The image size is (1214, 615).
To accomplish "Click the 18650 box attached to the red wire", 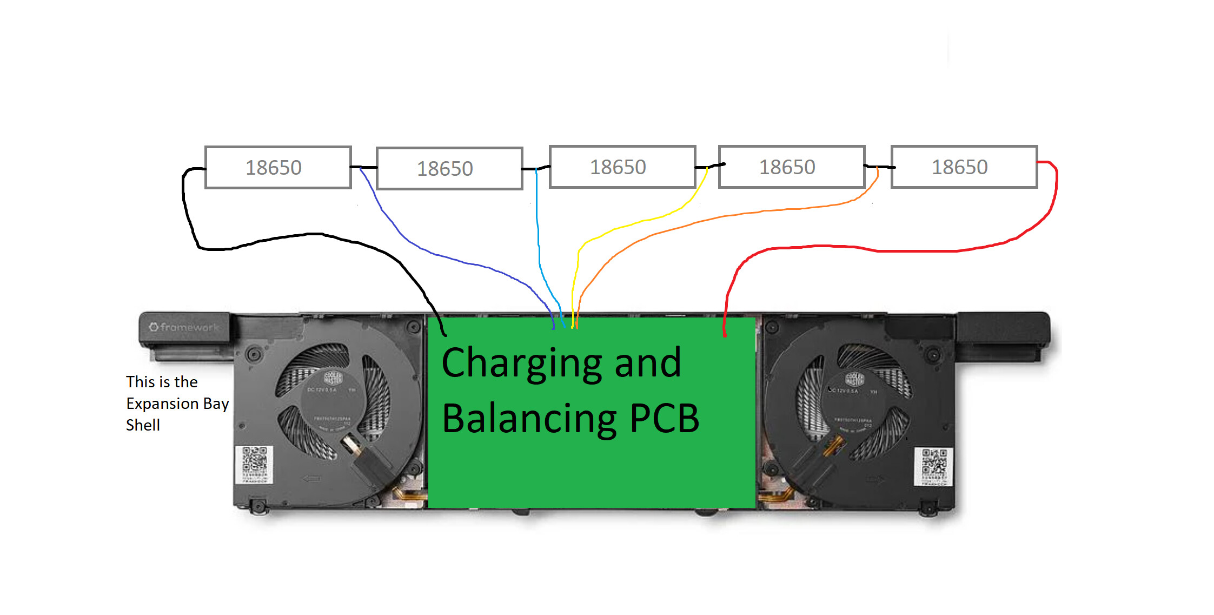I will point(964,167).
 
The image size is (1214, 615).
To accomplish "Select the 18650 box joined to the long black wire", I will point(278,167).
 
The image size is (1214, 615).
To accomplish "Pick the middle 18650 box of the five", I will point(622,167).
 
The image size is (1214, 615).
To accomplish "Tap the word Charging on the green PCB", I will point(521,363).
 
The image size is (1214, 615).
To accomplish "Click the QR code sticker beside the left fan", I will point(254,464).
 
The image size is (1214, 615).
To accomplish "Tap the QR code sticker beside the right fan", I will point(933,466).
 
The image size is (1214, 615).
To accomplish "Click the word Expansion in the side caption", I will point(162,404).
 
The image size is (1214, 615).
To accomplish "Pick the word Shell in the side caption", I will point(143,425).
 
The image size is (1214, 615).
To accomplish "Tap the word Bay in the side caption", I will point(216,404).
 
